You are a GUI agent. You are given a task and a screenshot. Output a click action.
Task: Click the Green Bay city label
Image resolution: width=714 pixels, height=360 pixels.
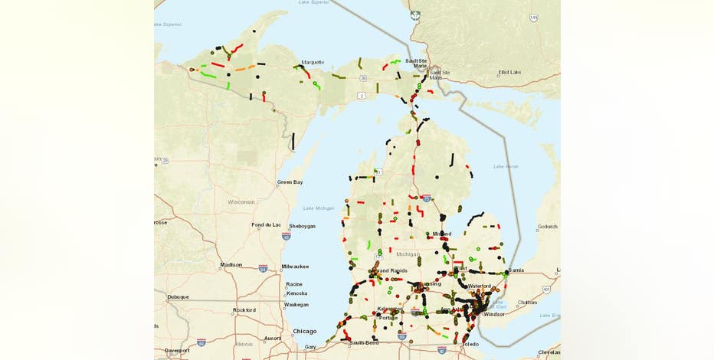coord(290,182)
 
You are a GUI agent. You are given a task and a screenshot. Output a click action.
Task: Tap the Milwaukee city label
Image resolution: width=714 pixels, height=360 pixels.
coord(295,266)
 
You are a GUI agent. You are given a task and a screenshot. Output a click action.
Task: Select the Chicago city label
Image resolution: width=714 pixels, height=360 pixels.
coord(304,331)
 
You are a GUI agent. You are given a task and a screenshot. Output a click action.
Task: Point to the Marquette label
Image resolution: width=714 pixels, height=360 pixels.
coord(313,62)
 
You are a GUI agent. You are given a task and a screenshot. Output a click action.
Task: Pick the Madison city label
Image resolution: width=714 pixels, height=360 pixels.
coord(231,264)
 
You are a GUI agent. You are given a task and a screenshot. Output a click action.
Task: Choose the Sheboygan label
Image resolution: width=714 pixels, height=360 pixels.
coord(302,226)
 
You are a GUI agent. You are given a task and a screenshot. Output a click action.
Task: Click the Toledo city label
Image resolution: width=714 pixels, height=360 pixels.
coord(470,344)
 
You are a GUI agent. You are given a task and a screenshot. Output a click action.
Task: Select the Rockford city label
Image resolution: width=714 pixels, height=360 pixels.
coord(244,309)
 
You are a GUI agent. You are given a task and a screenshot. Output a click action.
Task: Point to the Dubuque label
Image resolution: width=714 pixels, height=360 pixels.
coord(178,296)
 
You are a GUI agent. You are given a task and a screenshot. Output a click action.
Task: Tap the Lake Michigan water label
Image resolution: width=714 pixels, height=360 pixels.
coord(319,208)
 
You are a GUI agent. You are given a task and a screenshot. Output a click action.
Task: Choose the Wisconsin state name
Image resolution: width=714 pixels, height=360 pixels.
coord(241,201)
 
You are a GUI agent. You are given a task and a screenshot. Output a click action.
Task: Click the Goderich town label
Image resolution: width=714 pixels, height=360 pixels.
coord(548,226)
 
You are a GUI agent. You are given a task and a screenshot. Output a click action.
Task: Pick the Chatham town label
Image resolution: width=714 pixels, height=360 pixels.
coord(527,302)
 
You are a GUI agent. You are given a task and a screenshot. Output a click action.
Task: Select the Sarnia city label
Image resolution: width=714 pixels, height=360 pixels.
coord(516,270)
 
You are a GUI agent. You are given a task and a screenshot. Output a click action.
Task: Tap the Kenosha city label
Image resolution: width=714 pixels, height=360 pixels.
coord(296,293)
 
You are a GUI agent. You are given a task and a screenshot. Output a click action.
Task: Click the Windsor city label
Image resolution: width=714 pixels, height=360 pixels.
coord(494,313)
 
